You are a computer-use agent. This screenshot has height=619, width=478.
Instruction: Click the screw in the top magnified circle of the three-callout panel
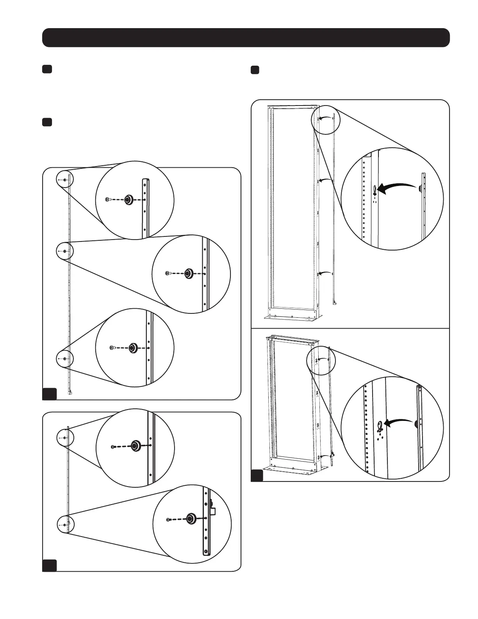107,199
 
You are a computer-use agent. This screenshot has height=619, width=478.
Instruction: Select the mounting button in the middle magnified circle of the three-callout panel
189,274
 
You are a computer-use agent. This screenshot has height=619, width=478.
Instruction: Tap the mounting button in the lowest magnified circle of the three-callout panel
133,347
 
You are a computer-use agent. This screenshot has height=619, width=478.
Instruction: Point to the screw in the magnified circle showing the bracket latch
168,519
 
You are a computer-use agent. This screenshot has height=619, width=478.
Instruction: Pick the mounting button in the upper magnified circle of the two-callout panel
136,445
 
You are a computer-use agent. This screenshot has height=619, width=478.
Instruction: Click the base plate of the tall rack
291,317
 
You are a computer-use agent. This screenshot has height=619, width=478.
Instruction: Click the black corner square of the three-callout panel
50,394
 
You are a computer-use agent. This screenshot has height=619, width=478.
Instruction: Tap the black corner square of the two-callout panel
50,565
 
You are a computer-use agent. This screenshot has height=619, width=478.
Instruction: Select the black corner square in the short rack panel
257,475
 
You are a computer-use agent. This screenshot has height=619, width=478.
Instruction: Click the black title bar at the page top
246,38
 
